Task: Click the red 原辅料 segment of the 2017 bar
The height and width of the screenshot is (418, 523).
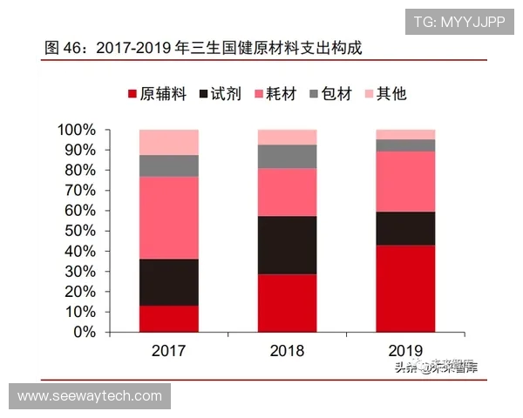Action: point(168,319)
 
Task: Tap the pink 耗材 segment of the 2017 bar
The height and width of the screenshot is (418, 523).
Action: point(168,218)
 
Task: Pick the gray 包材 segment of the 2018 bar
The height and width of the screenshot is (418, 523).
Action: point(287,156)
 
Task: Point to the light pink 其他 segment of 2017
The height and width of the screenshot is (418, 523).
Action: point(168,142)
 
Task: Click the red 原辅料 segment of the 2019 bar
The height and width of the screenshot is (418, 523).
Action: point(405,288)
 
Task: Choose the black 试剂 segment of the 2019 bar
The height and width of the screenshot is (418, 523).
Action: point(405,228)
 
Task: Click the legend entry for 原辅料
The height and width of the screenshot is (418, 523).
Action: point(157,94)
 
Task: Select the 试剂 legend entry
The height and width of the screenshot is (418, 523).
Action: point(222,94)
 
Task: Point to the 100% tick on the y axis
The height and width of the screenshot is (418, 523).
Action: point(77,131)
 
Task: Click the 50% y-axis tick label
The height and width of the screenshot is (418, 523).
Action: point(80,231)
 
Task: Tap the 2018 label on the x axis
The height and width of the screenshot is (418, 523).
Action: point(287,352)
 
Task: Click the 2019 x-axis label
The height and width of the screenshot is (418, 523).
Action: point(405,352)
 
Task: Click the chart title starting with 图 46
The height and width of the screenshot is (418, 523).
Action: point(202,48)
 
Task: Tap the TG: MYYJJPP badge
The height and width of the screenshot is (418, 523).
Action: point(458,21)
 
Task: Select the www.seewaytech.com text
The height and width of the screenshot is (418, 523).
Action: point(90,396)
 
